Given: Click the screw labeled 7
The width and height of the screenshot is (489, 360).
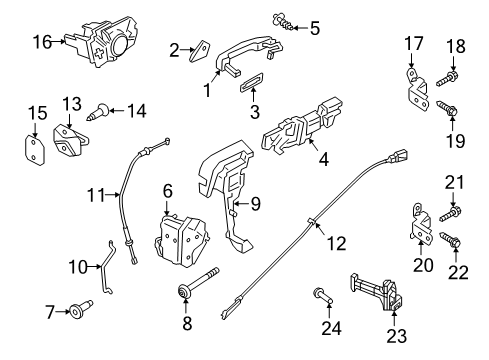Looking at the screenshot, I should [77, 312].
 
